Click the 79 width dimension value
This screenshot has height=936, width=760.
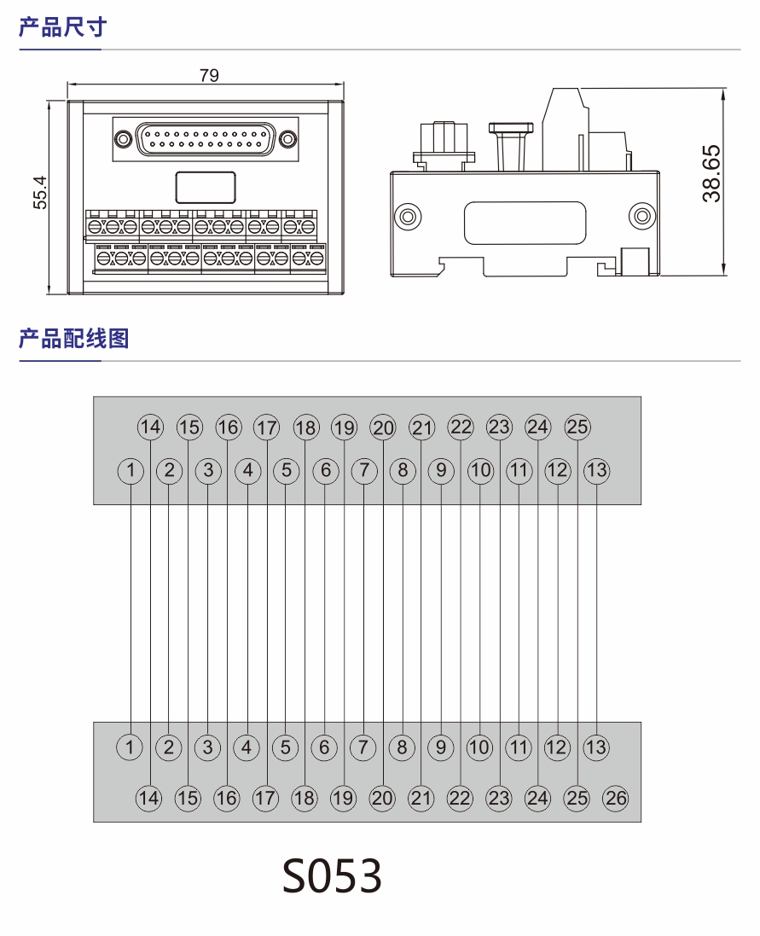pos(209,75)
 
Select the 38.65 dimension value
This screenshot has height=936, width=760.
pos(711,173)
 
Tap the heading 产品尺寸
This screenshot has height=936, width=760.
pos(62,27)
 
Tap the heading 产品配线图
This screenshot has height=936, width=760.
pos(73,339)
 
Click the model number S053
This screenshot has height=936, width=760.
pos(333,875)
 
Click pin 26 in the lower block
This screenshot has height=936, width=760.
pos(615,798)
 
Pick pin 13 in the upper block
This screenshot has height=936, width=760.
pos(596,469)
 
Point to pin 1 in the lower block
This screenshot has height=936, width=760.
pos(130,748)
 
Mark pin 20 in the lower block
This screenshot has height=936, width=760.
pos(382,798)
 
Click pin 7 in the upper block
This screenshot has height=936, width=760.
pos(363,469)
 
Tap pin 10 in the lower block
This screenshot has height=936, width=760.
pos(479,748)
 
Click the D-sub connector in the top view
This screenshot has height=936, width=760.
pos(205,138)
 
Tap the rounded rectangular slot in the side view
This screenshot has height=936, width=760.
pos(525,223)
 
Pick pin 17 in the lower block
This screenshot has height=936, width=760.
pos(265,798)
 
